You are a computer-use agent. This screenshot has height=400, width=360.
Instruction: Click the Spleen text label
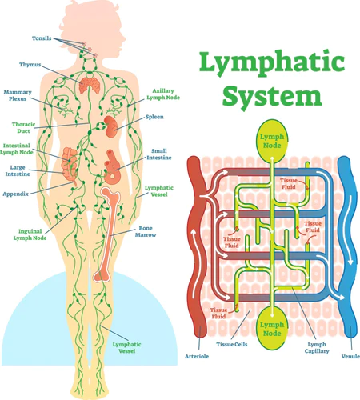pyautogui.click(x=154, y=118)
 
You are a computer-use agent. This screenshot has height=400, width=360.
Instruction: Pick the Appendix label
pyautogui.click(x=16, y=194)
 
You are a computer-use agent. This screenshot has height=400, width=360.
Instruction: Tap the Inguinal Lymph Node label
pyautogui.click(x=31, y=234)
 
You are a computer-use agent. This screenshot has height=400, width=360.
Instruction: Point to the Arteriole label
pyautogui.click(x=198, y=356)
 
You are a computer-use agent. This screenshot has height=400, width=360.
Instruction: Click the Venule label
pyautogui.click(x=350, y=356)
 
